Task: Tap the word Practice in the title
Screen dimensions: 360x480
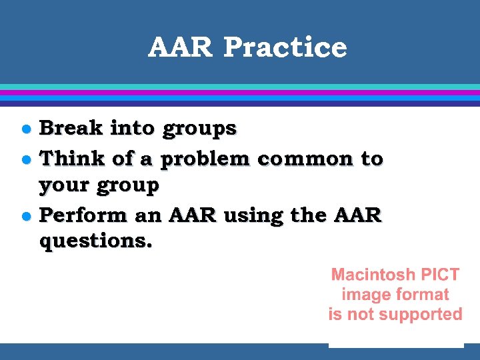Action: [285, 47]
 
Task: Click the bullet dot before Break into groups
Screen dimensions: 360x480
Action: [25, 129]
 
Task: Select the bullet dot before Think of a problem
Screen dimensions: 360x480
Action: [25, 160]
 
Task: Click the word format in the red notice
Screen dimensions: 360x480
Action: [421, 294]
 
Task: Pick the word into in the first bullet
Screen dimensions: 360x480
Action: [132, 127]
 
